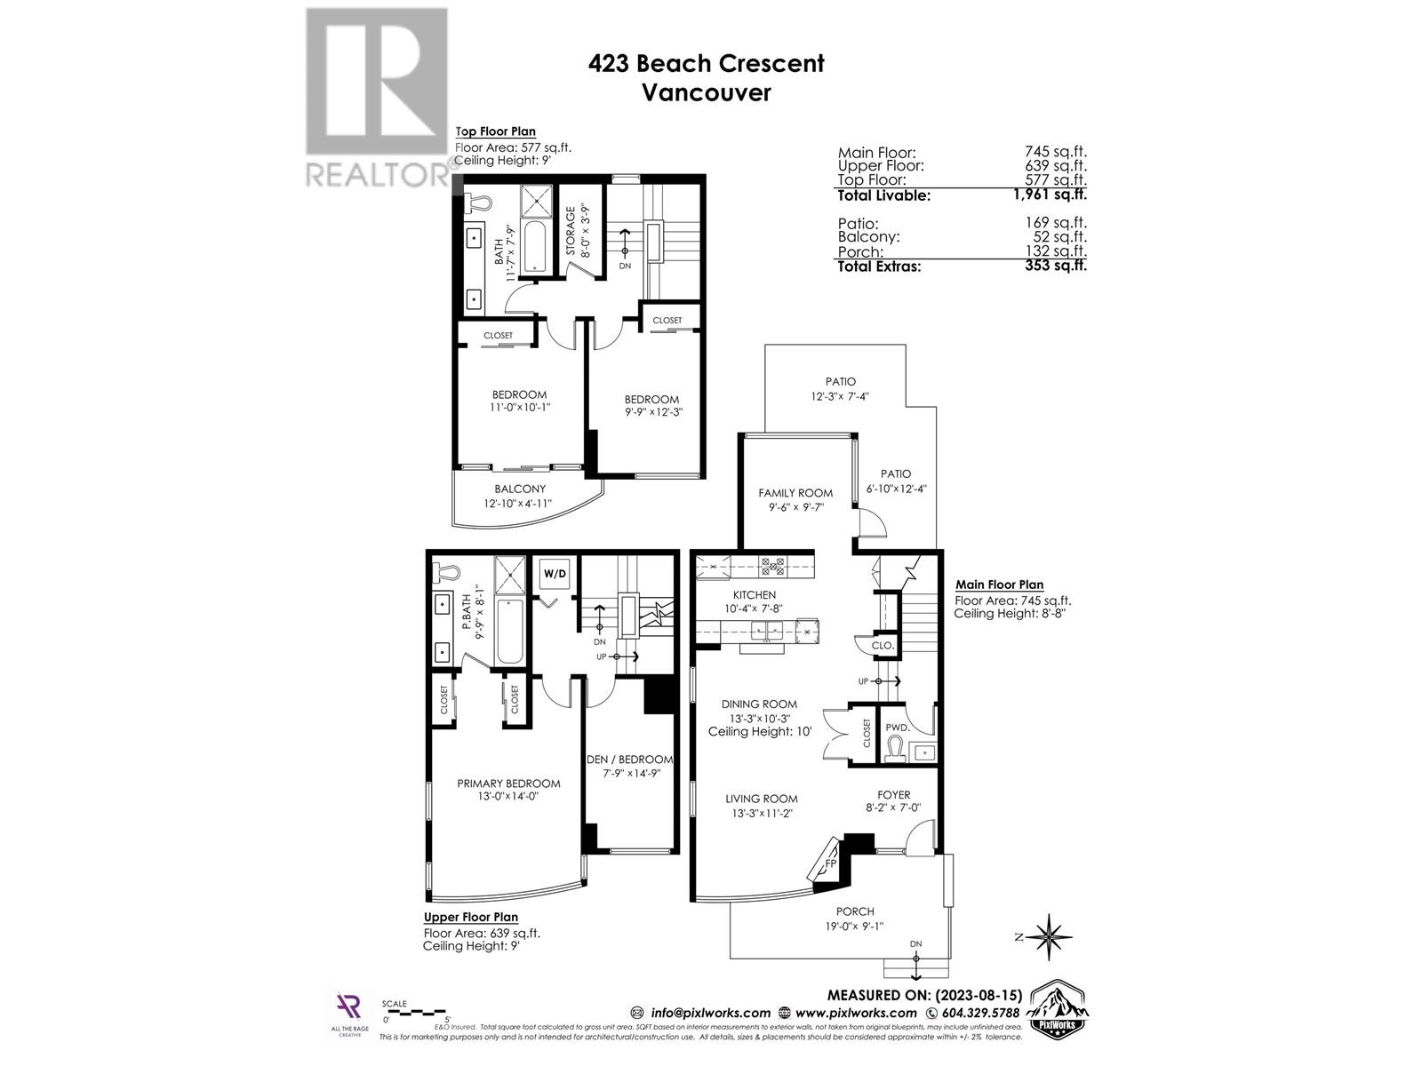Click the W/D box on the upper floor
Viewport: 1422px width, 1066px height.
tap(554, 574)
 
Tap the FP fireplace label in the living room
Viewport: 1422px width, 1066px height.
tap(831, 862)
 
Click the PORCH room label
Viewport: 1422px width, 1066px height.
tap(855, 911)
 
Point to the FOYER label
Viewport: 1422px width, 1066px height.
tap(892, 795)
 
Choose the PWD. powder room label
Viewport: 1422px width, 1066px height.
tap(896, 728)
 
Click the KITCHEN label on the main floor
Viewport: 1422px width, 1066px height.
tap(754, 595)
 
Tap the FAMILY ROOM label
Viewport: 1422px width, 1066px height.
tap(795, 493)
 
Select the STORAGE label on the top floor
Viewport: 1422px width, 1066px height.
tap(571, 233)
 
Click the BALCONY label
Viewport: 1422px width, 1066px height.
tap(520, 489)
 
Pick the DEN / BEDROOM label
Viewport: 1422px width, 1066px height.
tap(629, 760)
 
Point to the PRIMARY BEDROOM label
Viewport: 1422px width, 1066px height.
tap(508, 784)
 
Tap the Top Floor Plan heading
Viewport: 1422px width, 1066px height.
tap(495, 131)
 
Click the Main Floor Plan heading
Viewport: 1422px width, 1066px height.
tap(999, 585)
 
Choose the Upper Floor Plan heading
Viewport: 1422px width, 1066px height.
tap(470, 917)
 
